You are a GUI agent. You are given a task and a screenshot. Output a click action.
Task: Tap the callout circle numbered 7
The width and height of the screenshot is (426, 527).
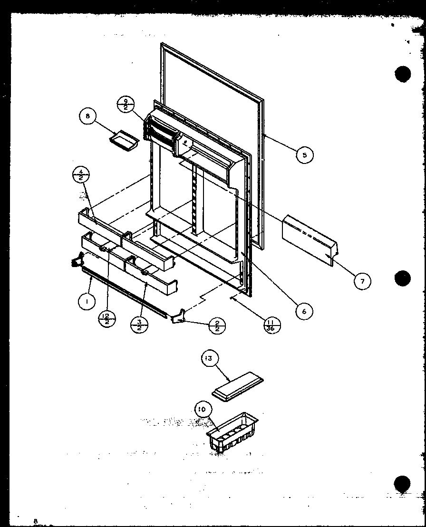click(362, 281)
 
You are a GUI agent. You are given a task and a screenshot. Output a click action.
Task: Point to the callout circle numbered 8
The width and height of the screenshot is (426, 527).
click(88, 116)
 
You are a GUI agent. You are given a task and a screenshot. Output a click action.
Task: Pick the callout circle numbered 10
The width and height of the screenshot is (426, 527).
click(203, 409)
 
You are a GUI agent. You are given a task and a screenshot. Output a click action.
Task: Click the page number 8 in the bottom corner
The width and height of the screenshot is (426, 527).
click(35, 521)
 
